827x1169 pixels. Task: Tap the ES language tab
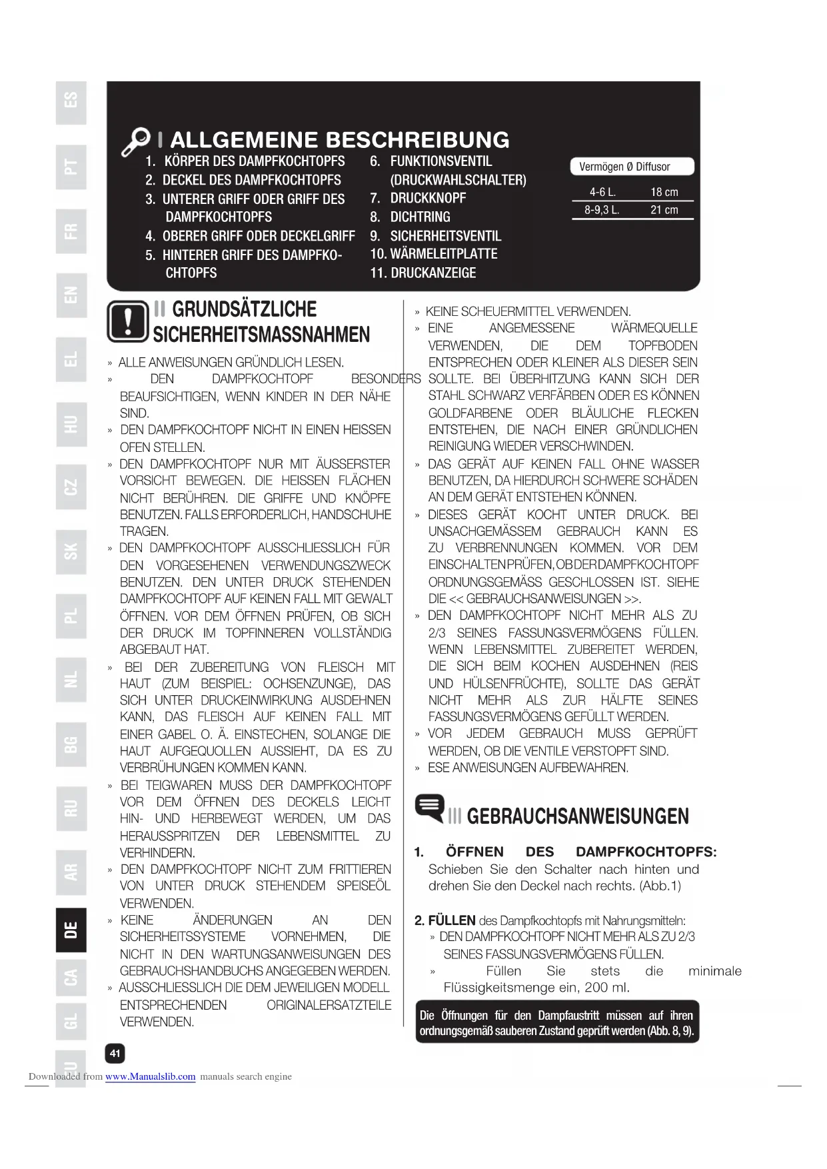[71, 101]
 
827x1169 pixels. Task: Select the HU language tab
[71, 425]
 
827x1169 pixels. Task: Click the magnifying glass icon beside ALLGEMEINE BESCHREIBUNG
[137, 141]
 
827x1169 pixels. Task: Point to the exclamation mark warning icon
[127, 322]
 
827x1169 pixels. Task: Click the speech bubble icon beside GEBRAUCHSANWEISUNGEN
[430, 808]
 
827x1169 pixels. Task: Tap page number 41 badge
[115, 1053]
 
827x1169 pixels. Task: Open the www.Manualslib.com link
[150, 1076]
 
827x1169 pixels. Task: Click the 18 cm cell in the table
[664, 192]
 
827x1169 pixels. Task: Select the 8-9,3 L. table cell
[602, 210]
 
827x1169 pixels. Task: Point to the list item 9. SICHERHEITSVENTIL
[436, 236]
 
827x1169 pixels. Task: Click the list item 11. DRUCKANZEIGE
[423, 273]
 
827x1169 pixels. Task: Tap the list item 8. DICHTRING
[411, 217]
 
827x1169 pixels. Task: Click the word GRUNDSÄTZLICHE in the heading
[244, 309]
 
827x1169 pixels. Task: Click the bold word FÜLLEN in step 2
[451, 920]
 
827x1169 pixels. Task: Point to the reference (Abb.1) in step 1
[660, 886]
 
